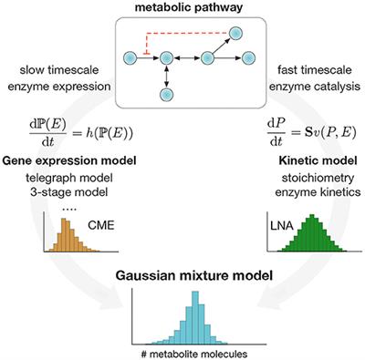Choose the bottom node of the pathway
[166, 95]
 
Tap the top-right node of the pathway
[235, 34]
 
